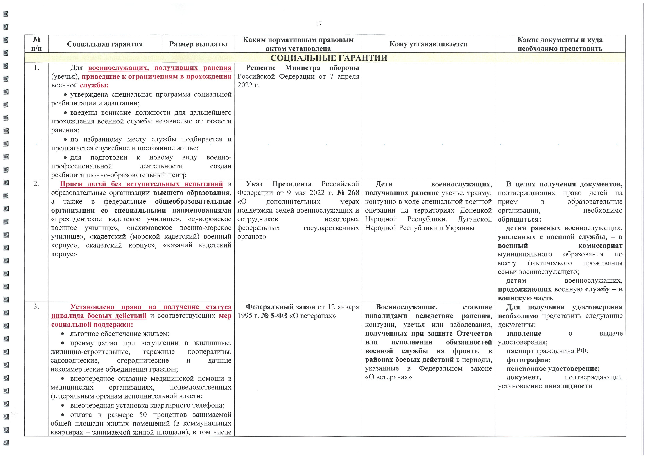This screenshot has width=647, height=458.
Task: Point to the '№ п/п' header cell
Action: click(36, 44)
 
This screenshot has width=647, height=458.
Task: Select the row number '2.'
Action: click(36, 184)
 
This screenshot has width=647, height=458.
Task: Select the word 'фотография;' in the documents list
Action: click(528, 360)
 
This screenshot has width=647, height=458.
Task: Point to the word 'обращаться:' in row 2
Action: click(519, 219)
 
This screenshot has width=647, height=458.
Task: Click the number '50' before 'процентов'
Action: click(143, 415)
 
